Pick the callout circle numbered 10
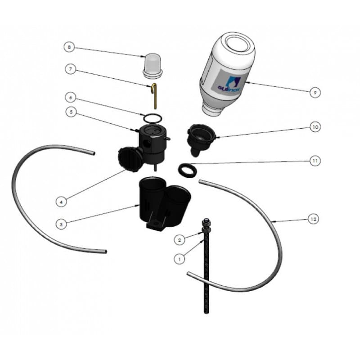(315, 127)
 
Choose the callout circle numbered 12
(314, 219)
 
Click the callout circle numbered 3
(61, 223)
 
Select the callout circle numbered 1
(180, 259)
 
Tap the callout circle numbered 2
(180, 240)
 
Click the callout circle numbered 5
(70, 112)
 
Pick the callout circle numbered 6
(70, 97)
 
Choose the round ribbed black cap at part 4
(129, 159)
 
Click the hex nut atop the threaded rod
(206, 221)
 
